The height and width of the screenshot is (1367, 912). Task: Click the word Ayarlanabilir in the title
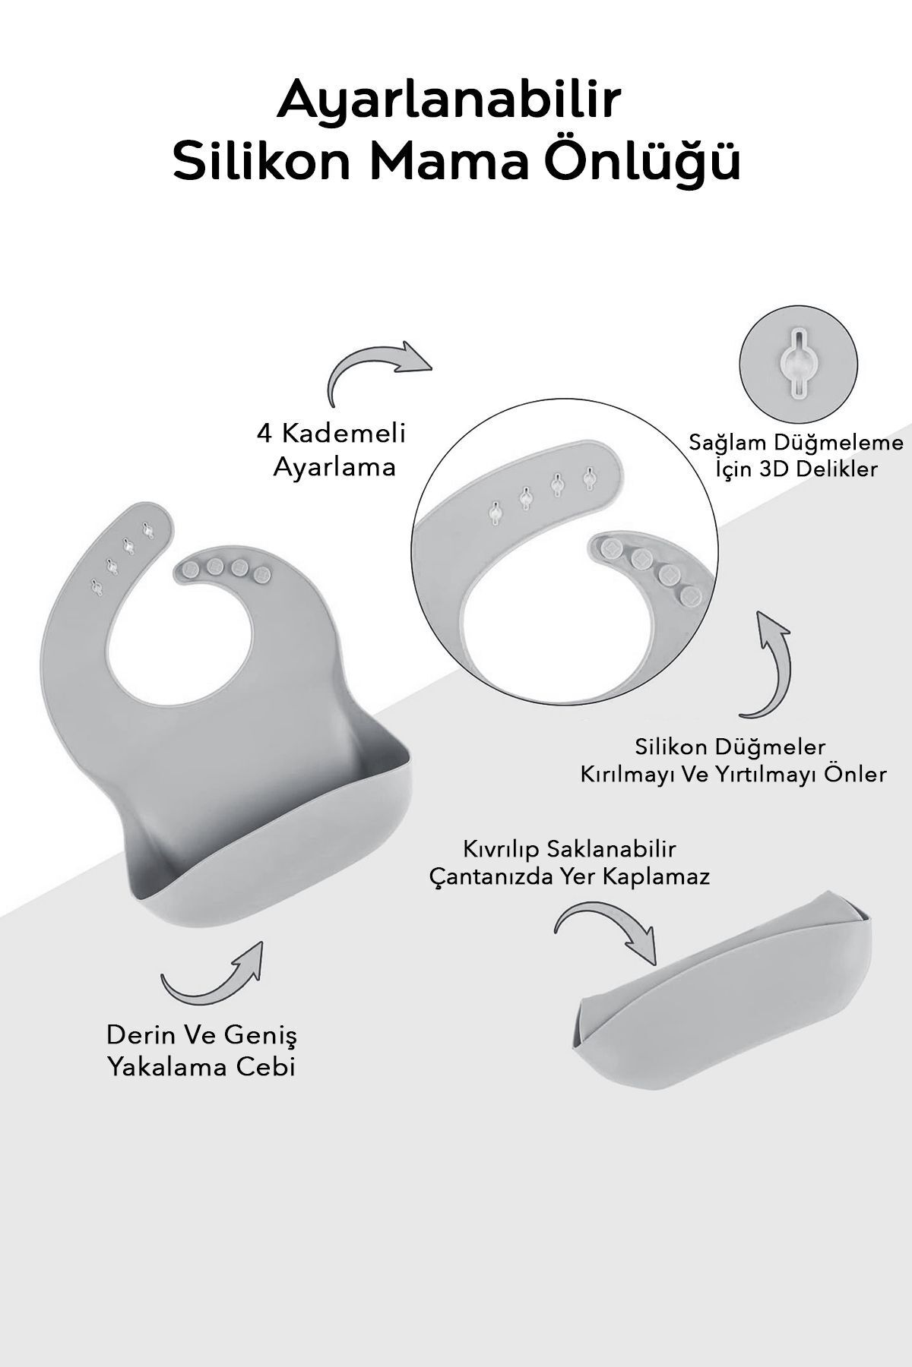tap(448, 103)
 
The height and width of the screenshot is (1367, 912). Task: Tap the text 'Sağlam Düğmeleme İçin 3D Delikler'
tap(796, 456)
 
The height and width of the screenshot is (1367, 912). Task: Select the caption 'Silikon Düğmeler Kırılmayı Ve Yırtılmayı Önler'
tap(733, 759)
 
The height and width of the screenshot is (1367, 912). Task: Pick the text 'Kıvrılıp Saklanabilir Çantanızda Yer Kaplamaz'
tap(569, 862)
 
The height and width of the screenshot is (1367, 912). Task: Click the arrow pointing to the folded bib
tap(604, 930)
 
